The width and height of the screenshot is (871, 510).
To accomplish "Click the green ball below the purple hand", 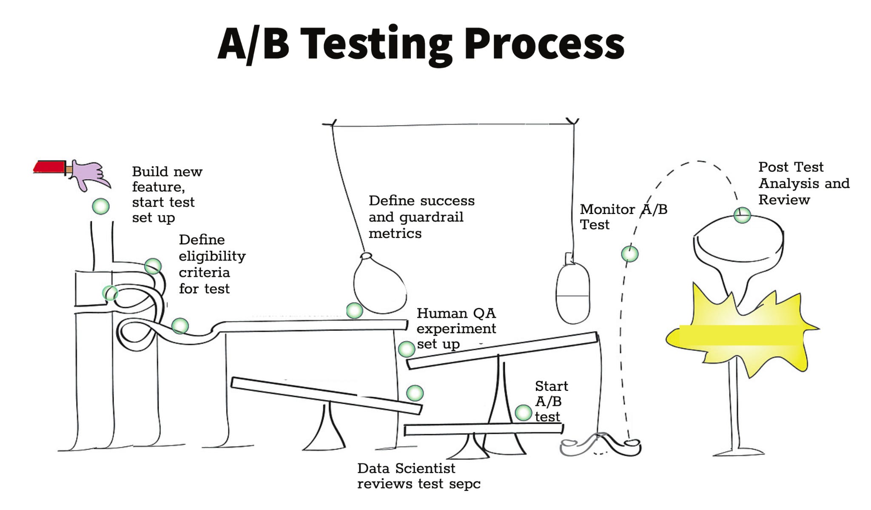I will tap(101, 206).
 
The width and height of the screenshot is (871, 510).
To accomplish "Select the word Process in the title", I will tap(544, 44).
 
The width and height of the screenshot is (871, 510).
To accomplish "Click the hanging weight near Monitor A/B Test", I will tap(573, 293).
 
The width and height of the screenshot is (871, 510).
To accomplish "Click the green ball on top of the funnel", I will tap(742, 215).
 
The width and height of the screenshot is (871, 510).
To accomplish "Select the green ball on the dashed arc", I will tap(629, 254).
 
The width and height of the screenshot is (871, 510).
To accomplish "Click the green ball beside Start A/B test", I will tap(523, 413).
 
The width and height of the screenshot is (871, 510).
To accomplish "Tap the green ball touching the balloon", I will tap(354, 311).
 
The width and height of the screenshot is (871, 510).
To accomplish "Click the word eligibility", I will tap(212, 256).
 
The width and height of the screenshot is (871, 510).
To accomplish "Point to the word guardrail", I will tap(431, 217).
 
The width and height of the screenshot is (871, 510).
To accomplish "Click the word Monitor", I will tap(607, 209).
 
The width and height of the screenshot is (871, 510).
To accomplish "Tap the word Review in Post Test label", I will tap(784, 199).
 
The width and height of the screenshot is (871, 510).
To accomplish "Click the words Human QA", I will tap(456, 313).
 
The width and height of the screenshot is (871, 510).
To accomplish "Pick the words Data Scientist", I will tap(406, 468).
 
